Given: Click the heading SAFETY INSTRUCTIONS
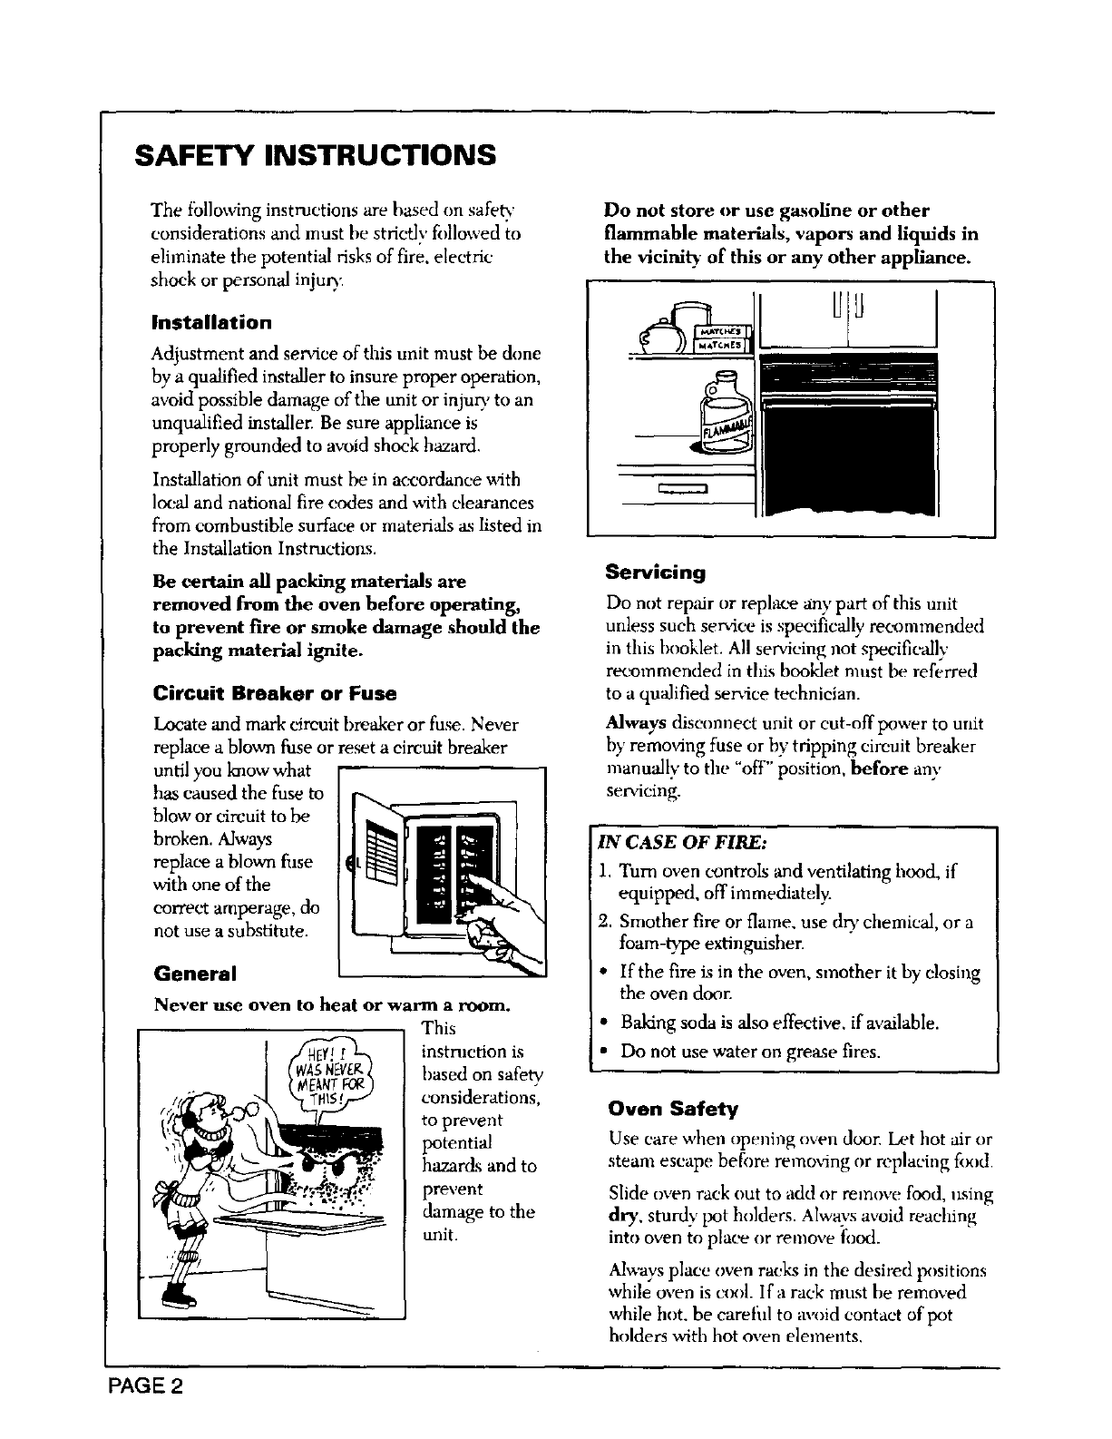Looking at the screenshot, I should coord(315,154).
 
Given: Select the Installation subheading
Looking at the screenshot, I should coord(211,323).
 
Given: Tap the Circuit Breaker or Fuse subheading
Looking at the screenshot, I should coord(275,695).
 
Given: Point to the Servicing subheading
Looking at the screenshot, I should coord(655,573).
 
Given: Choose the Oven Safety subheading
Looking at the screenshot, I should coord(674,1109).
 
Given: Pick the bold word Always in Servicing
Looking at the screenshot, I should coord(636,724).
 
